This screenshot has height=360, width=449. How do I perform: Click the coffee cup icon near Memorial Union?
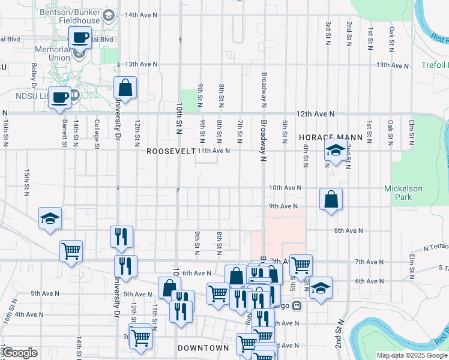point(79,38)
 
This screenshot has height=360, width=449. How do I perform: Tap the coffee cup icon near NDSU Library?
point(59,97)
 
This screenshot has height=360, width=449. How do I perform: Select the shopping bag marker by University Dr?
point(125,88)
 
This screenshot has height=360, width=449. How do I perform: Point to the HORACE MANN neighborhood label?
point(331,137)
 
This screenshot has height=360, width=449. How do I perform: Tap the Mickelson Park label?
point(403,193)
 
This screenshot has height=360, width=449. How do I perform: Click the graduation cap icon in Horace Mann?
point(336,151)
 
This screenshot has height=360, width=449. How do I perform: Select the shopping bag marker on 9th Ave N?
point(331,199)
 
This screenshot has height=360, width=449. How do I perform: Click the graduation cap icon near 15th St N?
point(50,218)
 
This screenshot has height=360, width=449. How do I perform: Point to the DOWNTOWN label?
point(203,348)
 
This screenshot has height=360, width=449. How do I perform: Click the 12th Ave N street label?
point(314,113)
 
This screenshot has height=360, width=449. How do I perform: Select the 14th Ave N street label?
point(140,14)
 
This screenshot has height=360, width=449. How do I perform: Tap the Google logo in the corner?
point(19,353)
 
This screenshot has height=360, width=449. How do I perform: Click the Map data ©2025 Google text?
point(412,355)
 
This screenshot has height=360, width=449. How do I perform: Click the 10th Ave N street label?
point(285,188)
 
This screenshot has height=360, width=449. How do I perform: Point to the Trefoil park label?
point(435,65)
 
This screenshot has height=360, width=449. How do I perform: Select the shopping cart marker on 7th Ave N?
point(301,264)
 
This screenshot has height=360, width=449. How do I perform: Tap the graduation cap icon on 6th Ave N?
point(321,287)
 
